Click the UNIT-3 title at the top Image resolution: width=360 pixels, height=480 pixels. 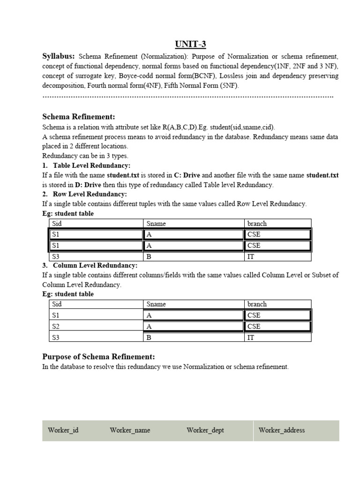[x=190, y=45]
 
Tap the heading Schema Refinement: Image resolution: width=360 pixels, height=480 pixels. [x=78, y=117]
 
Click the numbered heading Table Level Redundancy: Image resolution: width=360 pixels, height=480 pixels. [x=91, y=165]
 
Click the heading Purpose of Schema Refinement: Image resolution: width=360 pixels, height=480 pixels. [x=99, y=357]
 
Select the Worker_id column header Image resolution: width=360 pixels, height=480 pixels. [x=63, y=430]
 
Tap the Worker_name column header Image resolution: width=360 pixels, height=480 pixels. [x=130, y=430]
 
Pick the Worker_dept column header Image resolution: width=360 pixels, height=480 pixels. [x=205, y=430]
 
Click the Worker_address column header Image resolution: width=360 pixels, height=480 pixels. [x=281, y=430]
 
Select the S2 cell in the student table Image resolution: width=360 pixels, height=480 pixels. [x=56, y=326]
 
